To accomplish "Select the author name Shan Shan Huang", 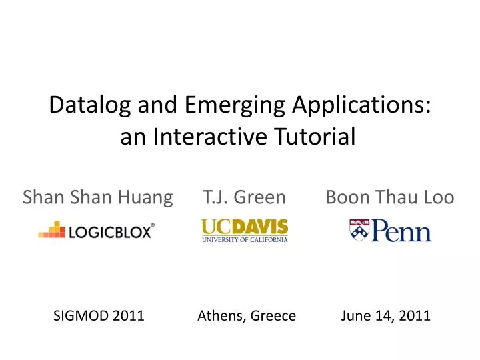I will [97, 197].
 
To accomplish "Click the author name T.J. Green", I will [245, 197].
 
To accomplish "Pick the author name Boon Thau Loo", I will [390, 197].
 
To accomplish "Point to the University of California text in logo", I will [245, 239].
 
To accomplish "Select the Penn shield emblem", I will [359, 229].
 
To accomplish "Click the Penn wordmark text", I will [401, 231].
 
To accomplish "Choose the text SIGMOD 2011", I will [99, 316].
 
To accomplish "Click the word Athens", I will [221, 316].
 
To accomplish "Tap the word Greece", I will [273, 316].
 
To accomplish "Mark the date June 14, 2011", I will [385, 316].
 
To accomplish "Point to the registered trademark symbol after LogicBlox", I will [153, 225].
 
